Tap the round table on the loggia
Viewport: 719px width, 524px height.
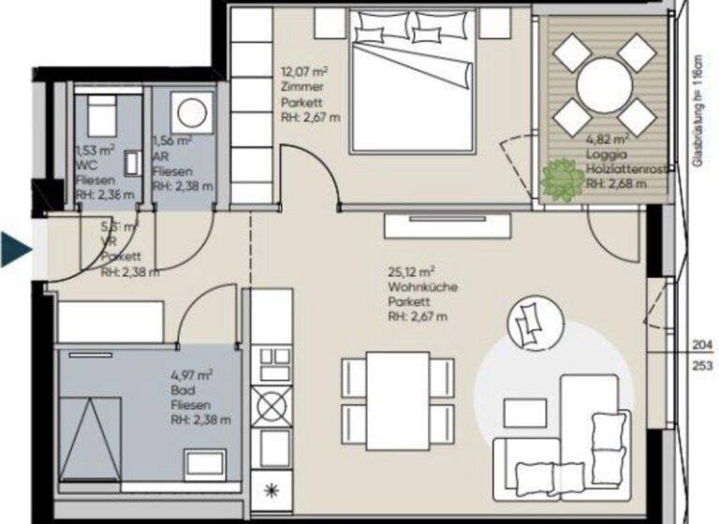tap(604, 86)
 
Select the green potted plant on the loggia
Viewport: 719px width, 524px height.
tap(562, 179)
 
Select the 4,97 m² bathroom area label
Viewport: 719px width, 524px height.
tap(191, 376)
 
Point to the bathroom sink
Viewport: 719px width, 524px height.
tap(205, 462)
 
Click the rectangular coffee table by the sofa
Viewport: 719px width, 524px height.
tap(524, 413)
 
